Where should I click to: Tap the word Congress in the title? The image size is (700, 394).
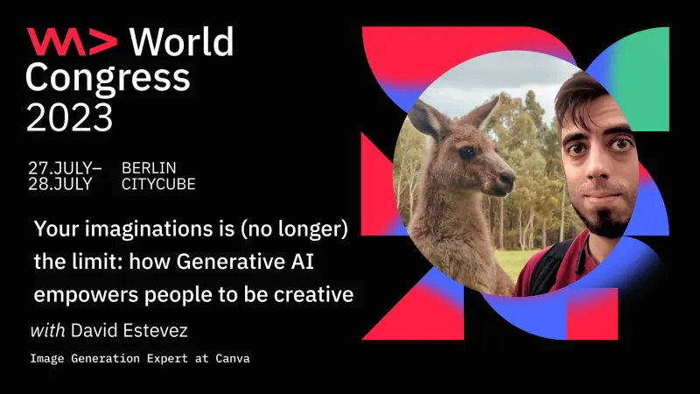[107, 78]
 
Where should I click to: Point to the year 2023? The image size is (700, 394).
[69, 116]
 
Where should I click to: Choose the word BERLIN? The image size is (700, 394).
[150, 167]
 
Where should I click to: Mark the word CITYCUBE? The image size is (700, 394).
[158, 184]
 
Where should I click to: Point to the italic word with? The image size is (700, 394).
[45, 332]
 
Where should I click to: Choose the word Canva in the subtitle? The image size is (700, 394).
[230, 359]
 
